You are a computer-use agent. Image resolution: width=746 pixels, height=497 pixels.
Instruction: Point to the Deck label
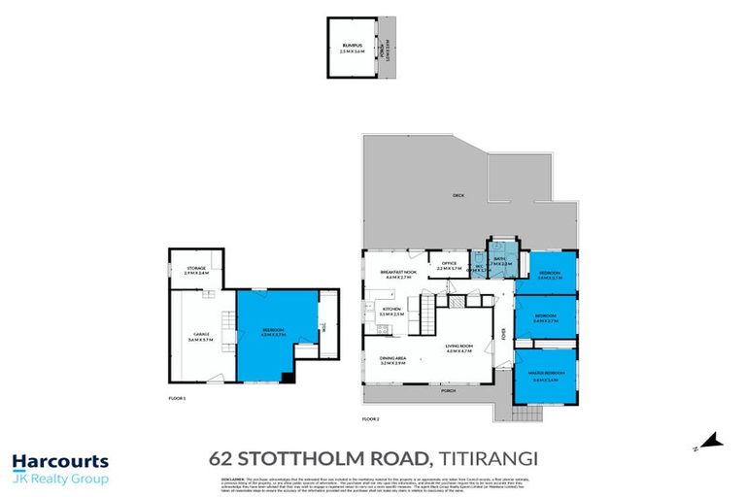tap(458, 196)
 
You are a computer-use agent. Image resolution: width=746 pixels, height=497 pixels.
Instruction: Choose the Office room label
tap(449, 264)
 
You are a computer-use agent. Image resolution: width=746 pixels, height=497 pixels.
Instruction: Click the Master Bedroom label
tap(548, 377)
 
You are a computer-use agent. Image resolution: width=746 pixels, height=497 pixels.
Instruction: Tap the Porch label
tap(448, 391)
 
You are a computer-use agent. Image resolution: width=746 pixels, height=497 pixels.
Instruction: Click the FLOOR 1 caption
tap(176, 398)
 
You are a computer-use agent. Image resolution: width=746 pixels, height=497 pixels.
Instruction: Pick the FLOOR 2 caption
tap(370, 419)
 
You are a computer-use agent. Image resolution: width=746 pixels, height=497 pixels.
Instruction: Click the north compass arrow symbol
tap(712, 443)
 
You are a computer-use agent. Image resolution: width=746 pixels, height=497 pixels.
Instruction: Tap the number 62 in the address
tap(222, 456)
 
